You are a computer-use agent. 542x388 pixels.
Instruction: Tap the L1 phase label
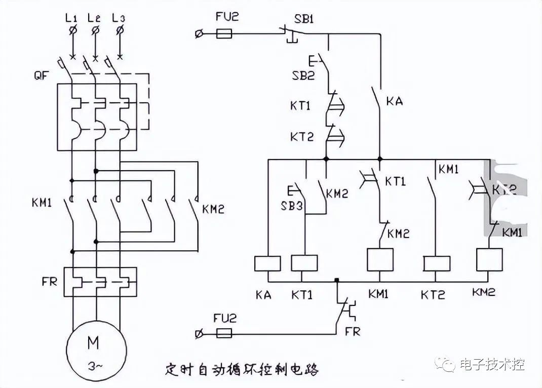tap(71, 18)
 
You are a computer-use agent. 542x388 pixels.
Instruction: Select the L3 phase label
tap(119, 18)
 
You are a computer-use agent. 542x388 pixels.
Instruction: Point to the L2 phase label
tap(94, 18)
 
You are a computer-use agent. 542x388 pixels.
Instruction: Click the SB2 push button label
tap(302, 76)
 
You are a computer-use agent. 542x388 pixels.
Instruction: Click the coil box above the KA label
tap(267, 263)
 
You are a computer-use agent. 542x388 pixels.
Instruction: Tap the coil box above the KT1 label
tap(304, 263)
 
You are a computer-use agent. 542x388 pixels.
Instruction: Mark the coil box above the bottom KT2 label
tap(436, 263)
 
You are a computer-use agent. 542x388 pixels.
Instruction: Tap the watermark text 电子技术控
tap(491, 364)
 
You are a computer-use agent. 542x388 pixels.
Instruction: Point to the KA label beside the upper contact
tap(394, 101)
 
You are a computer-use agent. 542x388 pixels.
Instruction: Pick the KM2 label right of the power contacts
tap(213, 209)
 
